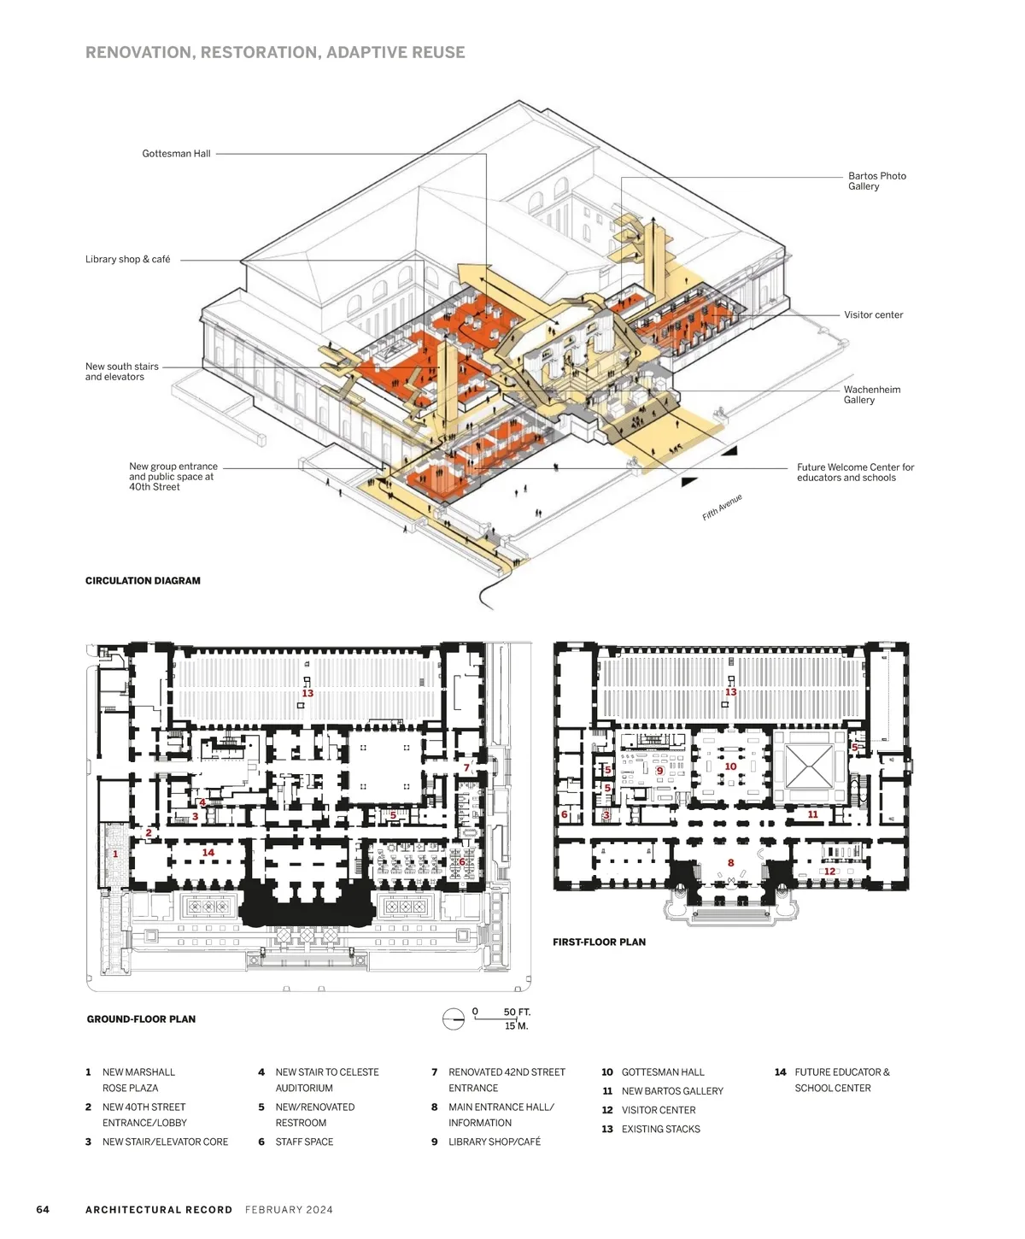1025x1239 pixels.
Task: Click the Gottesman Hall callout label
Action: point(176,154)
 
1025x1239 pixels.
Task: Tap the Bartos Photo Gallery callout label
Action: point(876,181)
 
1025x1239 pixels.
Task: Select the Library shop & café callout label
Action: point(127,259)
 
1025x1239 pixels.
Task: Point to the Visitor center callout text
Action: point(873,315)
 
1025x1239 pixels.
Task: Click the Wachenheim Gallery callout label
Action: point(872,395)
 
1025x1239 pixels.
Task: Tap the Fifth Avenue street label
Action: point(722,508)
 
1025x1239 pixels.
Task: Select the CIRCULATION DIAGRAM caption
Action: point(143,581)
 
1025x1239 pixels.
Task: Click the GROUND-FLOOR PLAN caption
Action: point(141,1019)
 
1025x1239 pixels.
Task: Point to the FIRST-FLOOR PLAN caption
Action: point(599,942)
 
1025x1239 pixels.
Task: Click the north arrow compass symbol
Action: point(454,1019)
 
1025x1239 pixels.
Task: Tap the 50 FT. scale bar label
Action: point(517,1013)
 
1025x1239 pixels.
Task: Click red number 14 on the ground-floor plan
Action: point(208,853)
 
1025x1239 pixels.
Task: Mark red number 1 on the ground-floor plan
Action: point(115,854)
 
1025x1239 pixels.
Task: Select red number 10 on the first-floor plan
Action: point(730,766)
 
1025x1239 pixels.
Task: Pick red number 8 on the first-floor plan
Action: point(731,863)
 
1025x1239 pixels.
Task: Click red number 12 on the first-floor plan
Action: point(829,871)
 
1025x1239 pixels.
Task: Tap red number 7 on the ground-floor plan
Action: point(466,768)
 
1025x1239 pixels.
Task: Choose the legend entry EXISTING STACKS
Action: point(651,1130)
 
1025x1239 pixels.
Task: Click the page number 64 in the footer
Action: point(43,1210)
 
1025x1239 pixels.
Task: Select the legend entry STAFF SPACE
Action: point(296,1142)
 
